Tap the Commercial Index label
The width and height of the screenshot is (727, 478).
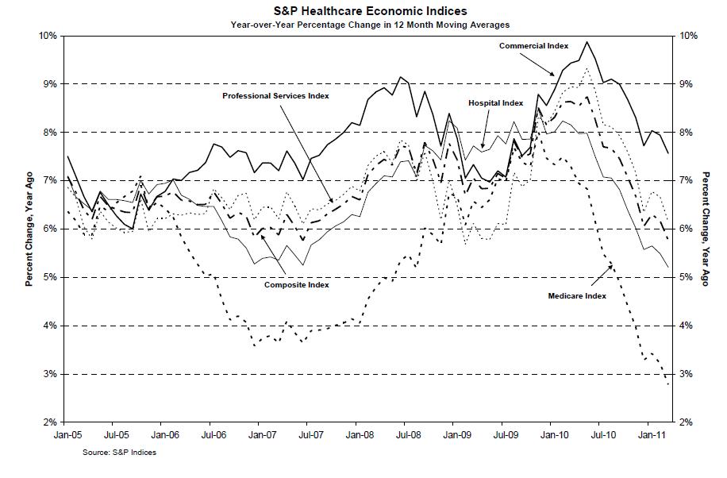tap(533, 46)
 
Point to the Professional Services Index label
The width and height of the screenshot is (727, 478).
tap(275, 95)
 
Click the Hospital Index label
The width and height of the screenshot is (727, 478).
tap(495, 103)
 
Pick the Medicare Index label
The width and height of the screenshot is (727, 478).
tap(577, 295)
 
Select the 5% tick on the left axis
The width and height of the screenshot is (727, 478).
tap(48, 277)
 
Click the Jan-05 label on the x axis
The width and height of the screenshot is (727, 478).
tap(66, 435)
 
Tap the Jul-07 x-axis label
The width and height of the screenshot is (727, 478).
tap(310, 435)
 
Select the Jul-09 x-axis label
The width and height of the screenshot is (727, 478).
tap(505, 435)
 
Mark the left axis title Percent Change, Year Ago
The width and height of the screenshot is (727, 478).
tap(29, 229)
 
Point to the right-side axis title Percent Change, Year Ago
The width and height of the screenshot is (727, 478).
tap(704, 229)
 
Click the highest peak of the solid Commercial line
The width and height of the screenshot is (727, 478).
tap(587, 42)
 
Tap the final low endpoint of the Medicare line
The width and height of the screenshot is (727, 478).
tap(668, 385)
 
